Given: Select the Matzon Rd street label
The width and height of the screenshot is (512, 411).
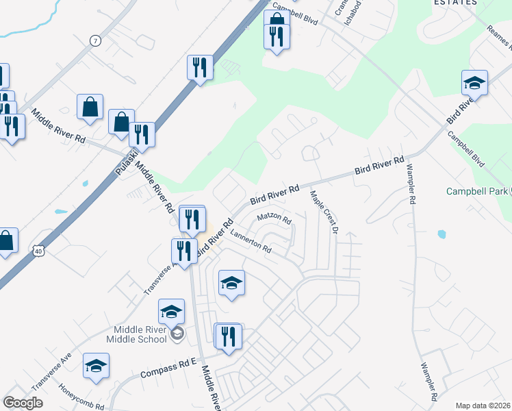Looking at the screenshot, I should pyautogui.click(x=274, y=220).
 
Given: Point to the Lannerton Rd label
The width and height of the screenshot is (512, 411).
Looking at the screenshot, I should pyautogui.click(x=251, y=242).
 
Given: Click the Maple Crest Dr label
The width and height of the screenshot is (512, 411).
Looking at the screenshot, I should pyautogui.click(x=324, y=212).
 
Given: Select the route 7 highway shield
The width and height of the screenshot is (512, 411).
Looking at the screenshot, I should pyautogui.click(x=94, y=41).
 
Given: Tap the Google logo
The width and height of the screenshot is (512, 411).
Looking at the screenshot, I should pyautogui.click(x=23, y=402).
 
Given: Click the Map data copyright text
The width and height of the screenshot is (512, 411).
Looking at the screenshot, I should pyautogui.click(x=483, y=406).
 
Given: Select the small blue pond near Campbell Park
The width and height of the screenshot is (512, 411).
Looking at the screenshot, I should pyautogui.click(x=441, y=234).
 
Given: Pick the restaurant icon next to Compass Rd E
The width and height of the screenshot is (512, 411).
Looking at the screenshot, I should pyautogui.click(x=228, y=336).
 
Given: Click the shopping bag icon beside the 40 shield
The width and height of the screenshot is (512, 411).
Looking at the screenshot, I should pyautogui.click(x=5, y=240).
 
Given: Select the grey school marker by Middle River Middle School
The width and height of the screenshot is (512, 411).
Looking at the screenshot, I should pyautogui.click(x=177, y=334).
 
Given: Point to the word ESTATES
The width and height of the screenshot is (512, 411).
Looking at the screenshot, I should pyautogui.click(x=455, y=3).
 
